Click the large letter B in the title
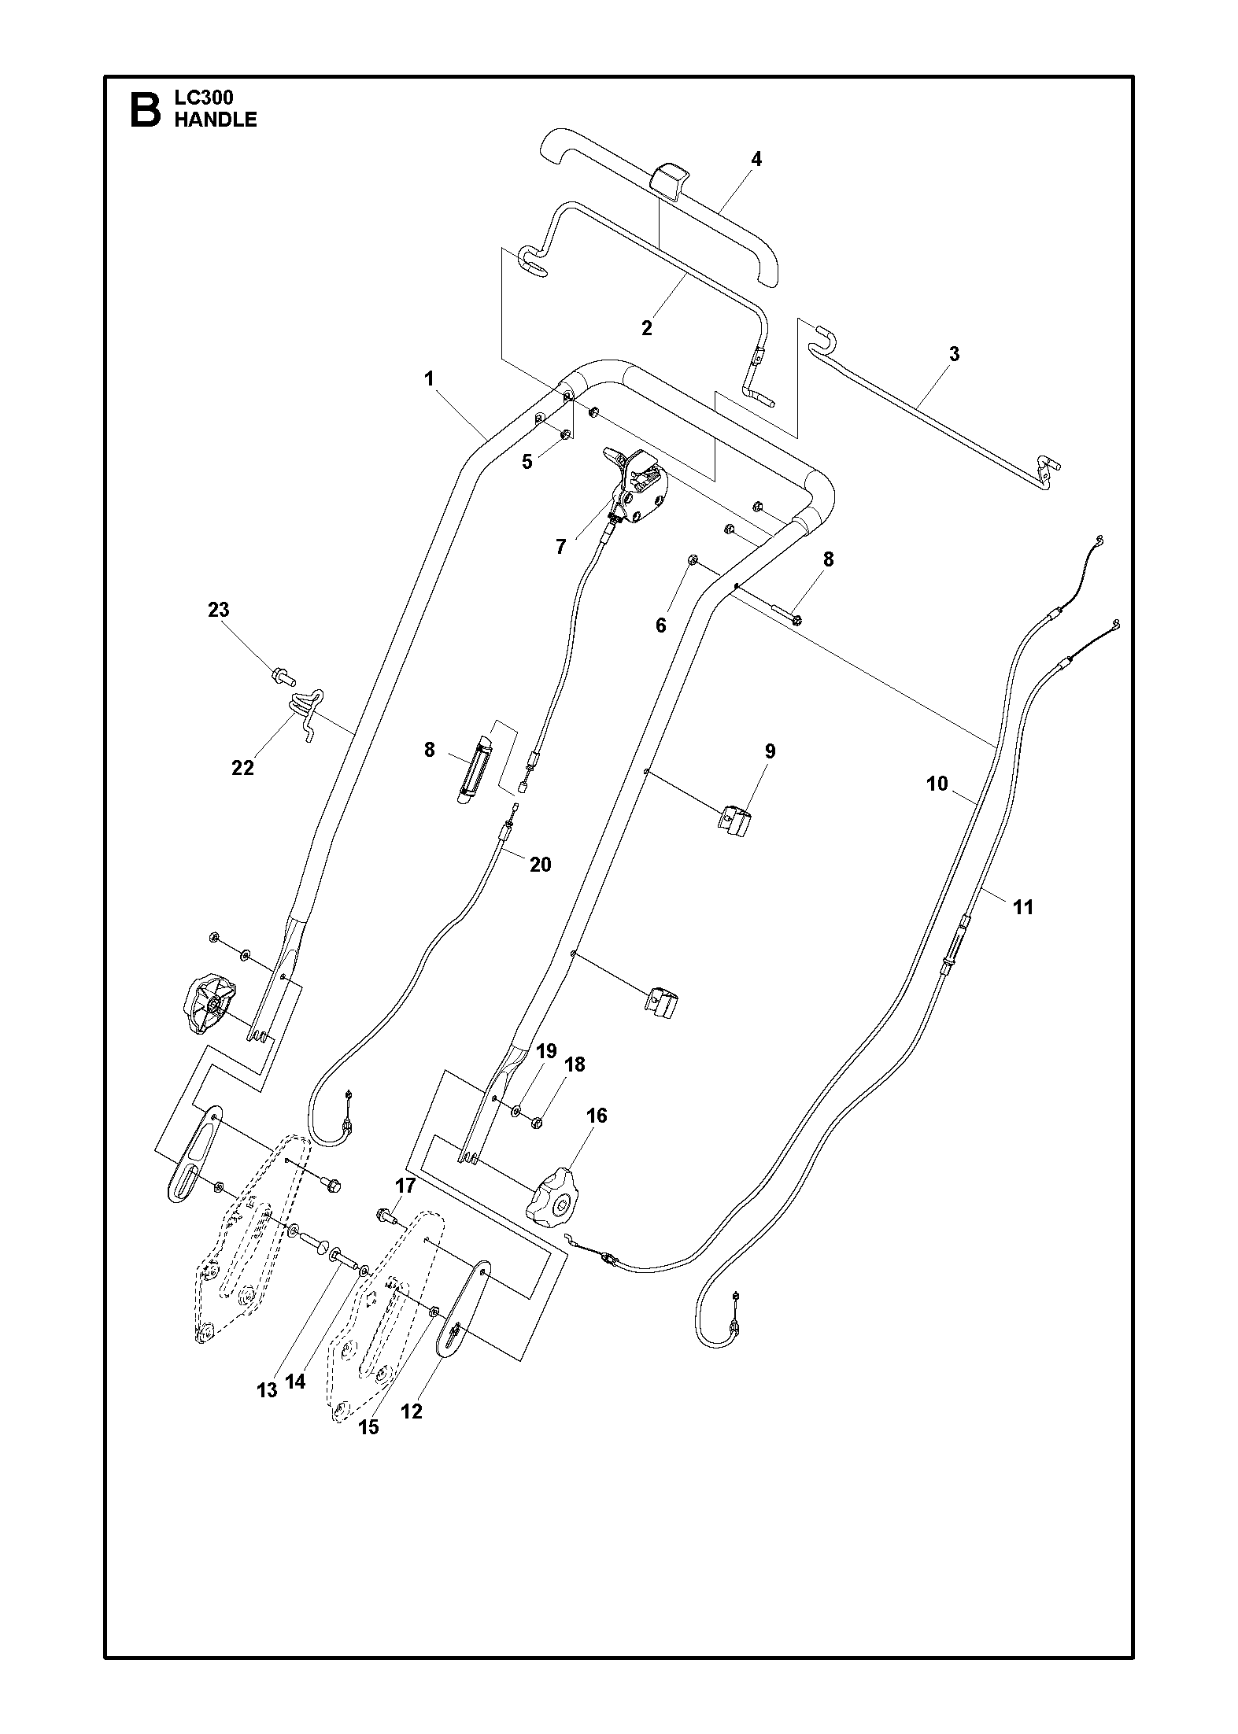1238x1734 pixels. (144, 109)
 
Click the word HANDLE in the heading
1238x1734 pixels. (215, 120)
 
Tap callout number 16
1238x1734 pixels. (597, 1116)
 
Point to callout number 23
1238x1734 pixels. (218, 610)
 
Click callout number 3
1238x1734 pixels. (954, 354)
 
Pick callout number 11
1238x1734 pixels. (1022, 907)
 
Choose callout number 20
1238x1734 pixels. (540, 865)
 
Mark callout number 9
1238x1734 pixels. (770, 751)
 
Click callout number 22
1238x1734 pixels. (242, 768)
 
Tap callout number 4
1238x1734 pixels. (756, 159)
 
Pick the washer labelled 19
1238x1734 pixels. (516, 1111)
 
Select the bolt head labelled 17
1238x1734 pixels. (385, 1215)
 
